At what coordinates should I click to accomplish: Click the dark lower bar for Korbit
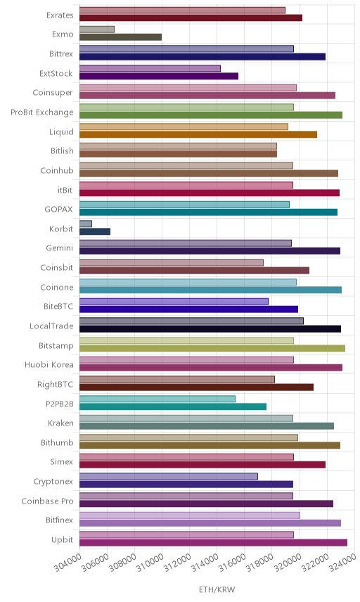(x=95, y=231)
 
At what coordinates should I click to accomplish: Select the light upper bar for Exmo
(x=97, y=29)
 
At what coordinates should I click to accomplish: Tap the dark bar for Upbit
(x=213, y=542)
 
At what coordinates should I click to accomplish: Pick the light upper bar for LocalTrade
(x=191, y=321)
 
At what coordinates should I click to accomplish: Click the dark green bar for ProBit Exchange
(x=211, y=115)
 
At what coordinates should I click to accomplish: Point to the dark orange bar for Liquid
(x=198, y=134)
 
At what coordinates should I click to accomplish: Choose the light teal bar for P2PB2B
(x=157, y=399)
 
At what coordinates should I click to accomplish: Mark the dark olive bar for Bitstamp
(x=212, y=348)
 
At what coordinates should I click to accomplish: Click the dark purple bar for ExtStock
(x=159, y=76)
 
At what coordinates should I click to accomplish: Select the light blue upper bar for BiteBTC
(x=174, y=302)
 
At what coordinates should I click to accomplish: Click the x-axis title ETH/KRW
(x=217, y=590)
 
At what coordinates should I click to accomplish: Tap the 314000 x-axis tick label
(x=205, y=563)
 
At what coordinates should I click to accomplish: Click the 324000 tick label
(x=342, y=563)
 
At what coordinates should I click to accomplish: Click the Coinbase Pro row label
(x=47, y=501)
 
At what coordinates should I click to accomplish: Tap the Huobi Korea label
(x=49, y=365)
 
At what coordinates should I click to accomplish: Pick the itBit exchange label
(x=65, y=190)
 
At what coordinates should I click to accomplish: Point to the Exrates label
(x=60, y=15)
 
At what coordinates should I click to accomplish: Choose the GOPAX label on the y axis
(x=59, y=210)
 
